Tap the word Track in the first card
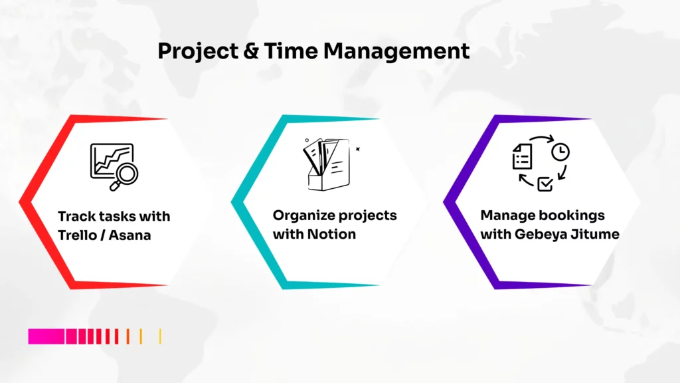click(76, 216)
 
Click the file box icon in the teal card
click(325, 164)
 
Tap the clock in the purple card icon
click(560, 152)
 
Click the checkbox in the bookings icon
click(545, 184)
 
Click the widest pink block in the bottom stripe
click(46, 336)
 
